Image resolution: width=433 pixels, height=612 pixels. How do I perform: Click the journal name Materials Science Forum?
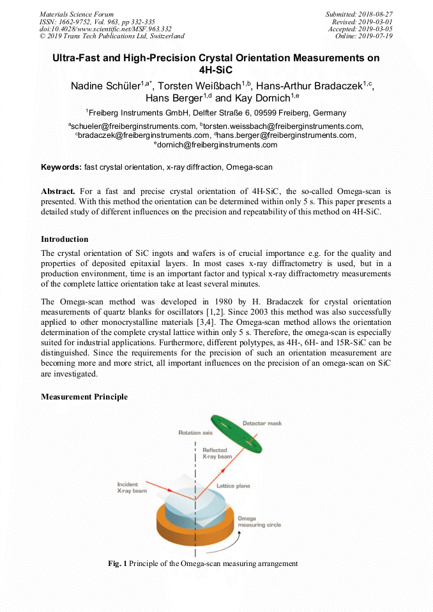pos(77,13)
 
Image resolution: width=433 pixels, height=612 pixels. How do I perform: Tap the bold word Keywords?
pos(61,167)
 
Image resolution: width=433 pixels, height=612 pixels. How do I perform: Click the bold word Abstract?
pos(58,191)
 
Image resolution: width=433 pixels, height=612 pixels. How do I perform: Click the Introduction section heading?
pos(65,239)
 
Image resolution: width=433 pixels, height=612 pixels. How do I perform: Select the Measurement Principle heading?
pos(84,396)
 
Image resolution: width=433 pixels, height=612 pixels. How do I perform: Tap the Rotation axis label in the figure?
pos(195,433)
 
